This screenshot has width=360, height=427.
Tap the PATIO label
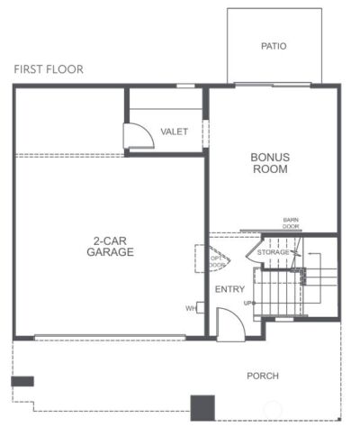(x=274, y=46)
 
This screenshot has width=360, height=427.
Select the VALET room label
(x=174, y=132)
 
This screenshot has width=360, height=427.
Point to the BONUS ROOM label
(x=269, y=162)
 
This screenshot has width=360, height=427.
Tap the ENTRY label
(x=229, y=288)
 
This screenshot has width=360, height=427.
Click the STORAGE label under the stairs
(x=274, y=252)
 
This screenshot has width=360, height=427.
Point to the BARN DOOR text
(x=291, y=223)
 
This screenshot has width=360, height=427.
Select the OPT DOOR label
(x=217, y=259)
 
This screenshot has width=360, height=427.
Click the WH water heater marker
(x=191, y=309)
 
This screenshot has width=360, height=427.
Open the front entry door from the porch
(x=226, y=327)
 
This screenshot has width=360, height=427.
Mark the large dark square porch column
(x=202, y=407)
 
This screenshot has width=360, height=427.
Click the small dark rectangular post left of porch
(x=22, y=381)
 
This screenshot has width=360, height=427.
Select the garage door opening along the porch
(x=110, y=338)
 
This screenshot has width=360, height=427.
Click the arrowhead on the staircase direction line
(x=305, y=255)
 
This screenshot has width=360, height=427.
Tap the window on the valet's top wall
(x=186, y=86)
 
